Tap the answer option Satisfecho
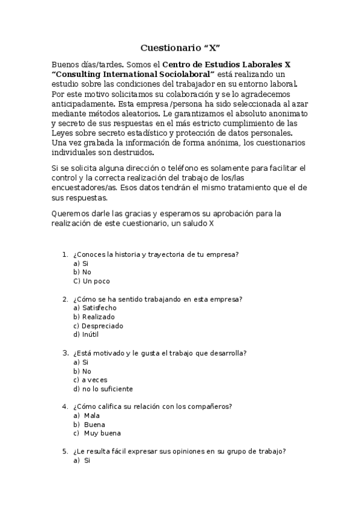pyautogui.click(x=100, y=308)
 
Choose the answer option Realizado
pyautogui.click(x=99, y=317)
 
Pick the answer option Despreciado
pyautogui.click(x=103, y=326)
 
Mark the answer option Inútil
pyautogui.click(x=91, y=335)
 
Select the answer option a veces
pyautogui.click(x=95, y=380)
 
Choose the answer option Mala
pyautogui.click(x=92, y=416)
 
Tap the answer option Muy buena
pyautogui.click(x=102, y=434)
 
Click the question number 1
pyautogui.click(x=64, y=254)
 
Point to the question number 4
pyautogui.click(x=64, y=407)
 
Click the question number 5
pyautogui.click(x=64, y=452)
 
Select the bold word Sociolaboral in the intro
pyautogui.click(x=187, y=73)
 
